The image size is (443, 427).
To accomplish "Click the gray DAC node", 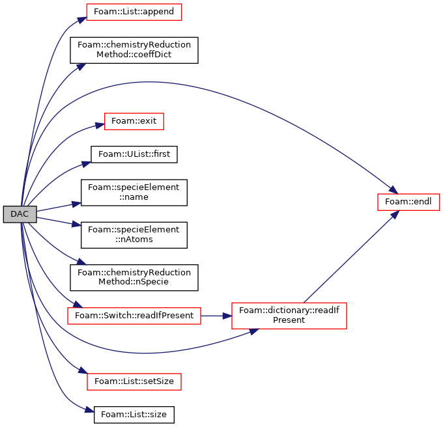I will (20, 214).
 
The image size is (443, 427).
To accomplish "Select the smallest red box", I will (134, 122).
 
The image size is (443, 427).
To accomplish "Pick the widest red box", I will (134, 316).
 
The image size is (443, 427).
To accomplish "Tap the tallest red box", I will (289, 316).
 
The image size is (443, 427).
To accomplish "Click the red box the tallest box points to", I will (408, 202).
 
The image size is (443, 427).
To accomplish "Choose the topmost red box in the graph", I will (134, 12).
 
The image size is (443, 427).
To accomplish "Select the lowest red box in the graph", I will (134, 382).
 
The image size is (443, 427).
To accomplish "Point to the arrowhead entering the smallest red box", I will (100, 125).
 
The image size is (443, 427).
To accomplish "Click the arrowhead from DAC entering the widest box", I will (77, 304).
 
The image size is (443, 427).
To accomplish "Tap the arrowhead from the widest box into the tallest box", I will (227, 316).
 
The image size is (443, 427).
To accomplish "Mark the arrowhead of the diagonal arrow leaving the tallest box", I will (394, 215).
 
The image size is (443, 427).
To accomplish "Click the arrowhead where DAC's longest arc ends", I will (393, 189).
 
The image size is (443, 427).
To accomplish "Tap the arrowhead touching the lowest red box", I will (82, 370).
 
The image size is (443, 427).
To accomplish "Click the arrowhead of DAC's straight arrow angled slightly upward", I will (76, 204).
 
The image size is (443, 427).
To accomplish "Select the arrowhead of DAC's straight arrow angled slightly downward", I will (77, 225).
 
